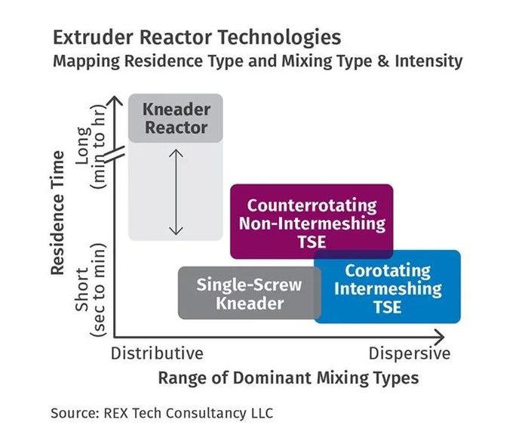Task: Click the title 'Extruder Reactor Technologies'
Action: point(196,37)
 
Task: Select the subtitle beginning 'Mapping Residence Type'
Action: point(256,61)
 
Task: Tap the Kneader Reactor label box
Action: point(176,118)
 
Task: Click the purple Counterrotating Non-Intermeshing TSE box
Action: point(311,219)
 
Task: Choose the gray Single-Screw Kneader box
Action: point(249,294)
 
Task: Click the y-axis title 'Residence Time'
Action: point(57,214)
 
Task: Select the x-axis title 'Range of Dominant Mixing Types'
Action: point(288,377)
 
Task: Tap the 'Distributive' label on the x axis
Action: point(157,353)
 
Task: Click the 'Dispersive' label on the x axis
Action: point(410,353)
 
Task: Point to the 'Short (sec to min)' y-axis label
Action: point(91,288)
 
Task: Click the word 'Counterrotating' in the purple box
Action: point(311,205)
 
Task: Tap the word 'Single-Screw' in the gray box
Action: point(249,285)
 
